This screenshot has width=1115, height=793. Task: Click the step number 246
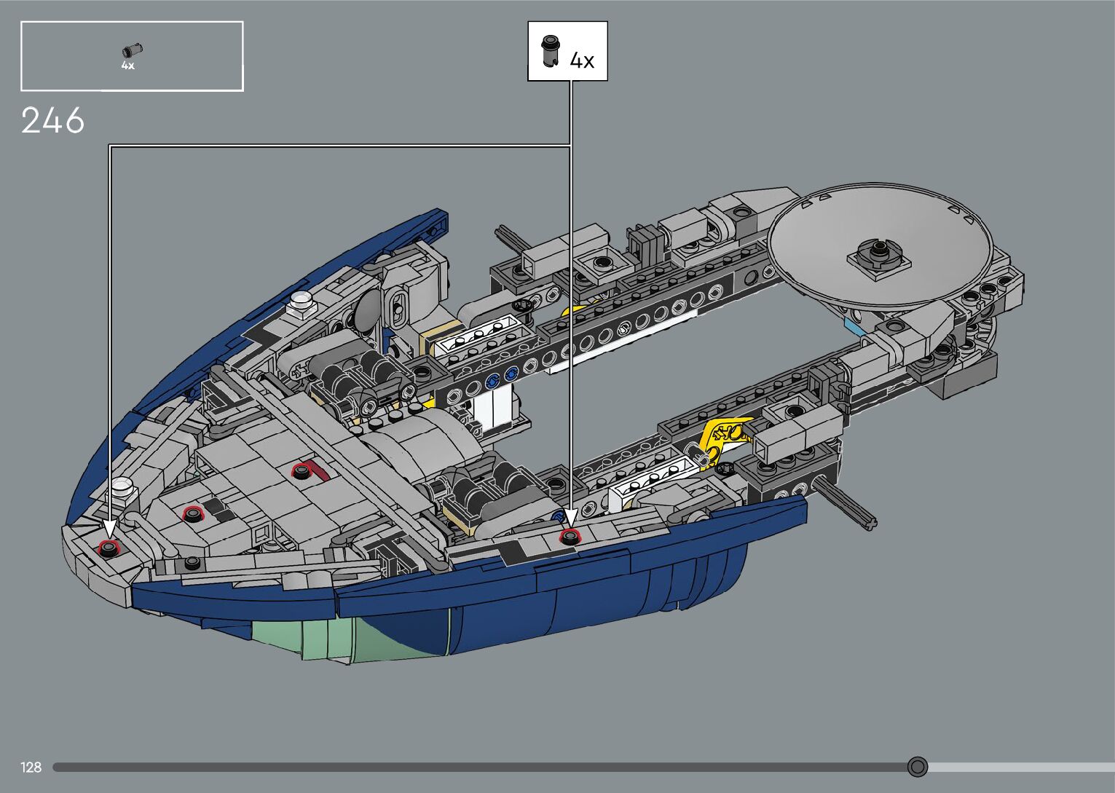(52, 120)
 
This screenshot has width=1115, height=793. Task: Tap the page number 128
(31, 767)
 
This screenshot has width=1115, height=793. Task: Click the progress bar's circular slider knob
(918, 767)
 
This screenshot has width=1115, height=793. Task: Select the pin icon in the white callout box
(550, 50)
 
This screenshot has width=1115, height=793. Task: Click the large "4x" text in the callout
(582, 60)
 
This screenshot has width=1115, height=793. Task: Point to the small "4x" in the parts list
(128, 66)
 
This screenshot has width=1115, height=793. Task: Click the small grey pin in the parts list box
(132, 51)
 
